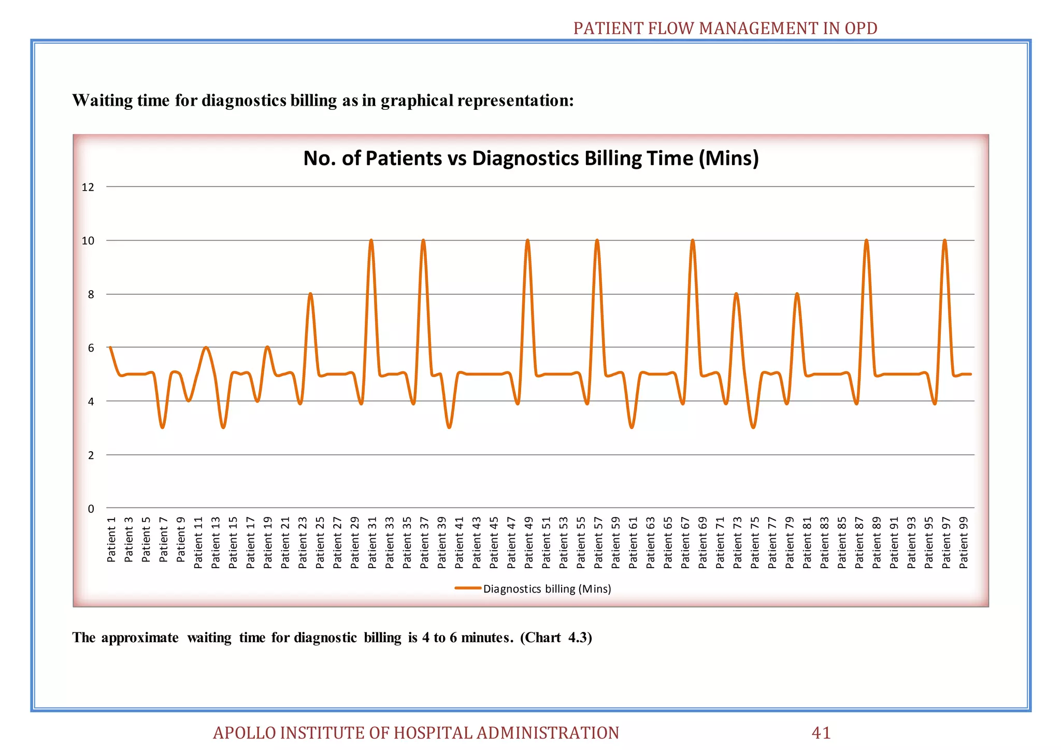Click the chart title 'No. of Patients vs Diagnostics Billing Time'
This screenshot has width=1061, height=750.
pyautogui.click(x=530, y=158)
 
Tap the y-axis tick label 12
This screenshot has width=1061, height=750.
pyautogui.click(x=88, y=187)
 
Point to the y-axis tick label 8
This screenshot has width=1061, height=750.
pyautogui.click(x=91, y=295)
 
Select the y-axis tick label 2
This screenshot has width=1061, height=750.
pyautogui.click(x=91, y=455)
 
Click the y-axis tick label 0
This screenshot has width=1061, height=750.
pyautogui.click(x=91, y=509)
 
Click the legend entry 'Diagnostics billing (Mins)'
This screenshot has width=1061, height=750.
pyautogui.click(x=547, y=589)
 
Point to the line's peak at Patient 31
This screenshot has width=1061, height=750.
pyautogui.click(x=371, y=241)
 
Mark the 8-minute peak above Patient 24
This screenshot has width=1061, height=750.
pyautogui.click(x=310, y=294)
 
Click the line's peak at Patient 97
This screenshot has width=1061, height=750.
pyautogui.click(x=945, y=241)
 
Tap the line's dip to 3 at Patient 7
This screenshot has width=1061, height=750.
pyautogui.click(x=163, y=427)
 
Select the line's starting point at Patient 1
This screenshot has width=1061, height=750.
pyautogui.click(x=110, y=348)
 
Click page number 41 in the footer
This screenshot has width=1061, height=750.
pyautogui.click(x=821, y=733)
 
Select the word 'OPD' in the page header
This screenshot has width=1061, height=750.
pyautogui.click(x=861, y=28)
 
